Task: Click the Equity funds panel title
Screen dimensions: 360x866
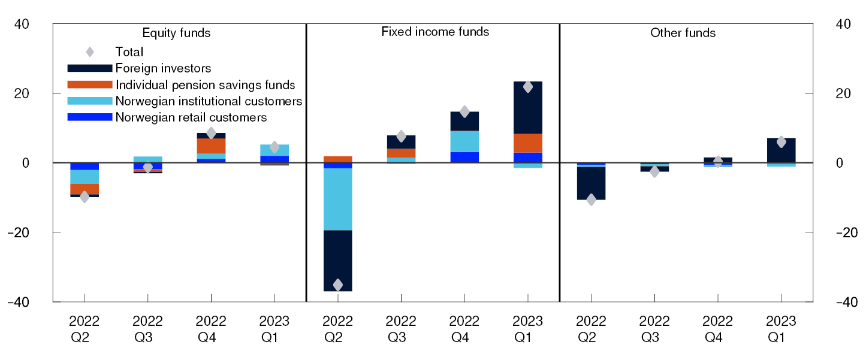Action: pos(176,33)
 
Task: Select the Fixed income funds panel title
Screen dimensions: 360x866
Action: pos(435,32)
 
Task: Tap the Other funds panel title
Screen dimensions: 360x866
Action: pos(683,33)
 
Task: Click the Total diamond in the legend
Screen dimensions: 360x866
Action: pos(90,52)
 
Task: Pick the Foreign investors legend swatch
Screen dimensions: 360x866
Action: pos(90,69)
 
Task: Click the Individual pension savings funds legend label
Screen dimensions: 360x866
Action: pos(205,85)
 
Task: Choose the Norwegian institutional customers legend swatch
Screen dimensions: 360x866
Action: pos(90,101)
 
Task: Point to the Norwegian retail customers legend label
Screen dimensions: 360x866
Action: pos(191,117)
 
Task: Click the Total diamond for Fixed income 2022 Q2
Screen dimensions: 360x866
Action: pos(337,285)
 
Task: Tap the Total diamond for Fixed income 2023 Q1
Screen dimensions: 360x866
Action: pos(527,87)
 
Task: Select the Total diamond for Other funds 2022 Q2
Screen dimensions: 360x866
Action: pos(591,199)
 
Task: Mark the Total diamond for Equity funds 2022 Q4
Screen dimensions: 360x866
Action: pos(211,133)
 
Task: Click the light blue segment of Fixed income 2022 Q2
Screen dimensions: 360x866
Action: pos(337,199)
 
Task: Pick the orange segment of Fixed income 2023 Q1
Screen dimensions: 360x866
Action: pos(527,143)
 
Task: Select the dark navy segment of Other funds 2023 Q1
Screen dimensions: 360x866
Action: pos(781,150)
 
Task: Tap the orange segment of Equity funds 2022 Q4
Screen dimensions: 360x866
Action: pos(211,146)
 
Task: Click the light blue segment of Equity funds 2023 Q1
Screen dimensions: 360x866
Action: pos(274,150)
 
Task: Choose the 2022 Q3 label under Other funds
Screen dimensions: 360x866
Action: pos(654,328)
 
